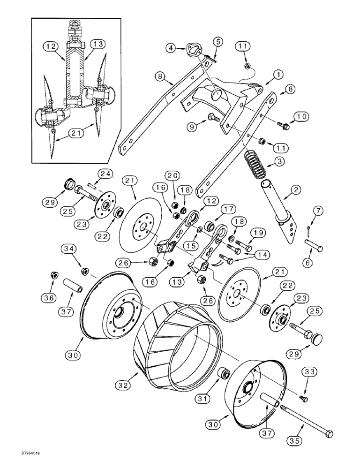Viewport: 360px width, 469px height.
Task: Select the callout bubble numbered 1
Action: (x=278, y=75)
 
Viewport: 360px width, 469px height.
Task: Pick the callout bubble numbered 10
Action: (x=300, y=115)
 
